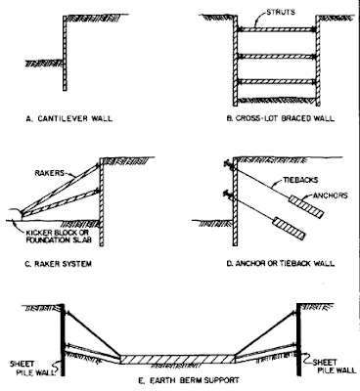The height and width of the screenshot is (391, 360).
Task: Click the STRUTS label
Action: pyautogui.click(x=281, y=13)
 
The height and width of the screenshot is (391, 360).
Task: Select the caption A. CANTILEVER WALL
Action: pyautogui.click(x=68, y=118)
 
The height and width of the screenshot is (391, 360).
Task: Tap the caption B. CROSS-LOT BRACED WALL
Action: pyautogui.click(x=281, y=118)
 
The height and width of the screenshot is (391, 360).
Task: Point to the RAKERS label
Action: pyautogui.click(x=50, y=173)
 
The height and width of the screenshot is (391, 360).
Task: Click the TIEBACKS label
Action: pyautogui.click(x=301, y=180)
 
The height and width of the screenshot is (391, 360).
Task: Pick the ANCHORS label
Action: pyautogui.click(x=330, y=195)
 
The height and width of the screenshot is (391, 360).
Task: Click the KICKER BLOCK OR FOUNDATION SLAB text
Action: pyautogui.click(x=58, y=237)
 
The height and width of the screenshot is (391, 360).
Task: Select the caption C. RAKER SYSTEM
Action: pyautogui.click(x=58, y=263)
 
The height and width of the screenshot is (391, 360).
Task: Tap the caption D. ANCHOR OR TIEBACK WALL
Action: pyautogui.click(x=281, y=263)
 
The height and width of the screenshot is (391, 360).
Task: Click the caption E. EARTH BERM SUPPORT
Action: pyautogui.click(x=189, y=380)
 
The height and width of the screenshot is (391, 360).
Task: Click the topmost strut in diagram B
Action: pyautogui.click(x=277, y=29)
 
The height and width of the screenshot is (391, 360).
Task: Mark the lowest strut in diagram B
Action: pyautogui.click(x=277, y=82)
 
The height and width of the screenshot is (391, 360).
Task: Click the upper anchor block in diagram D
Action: pyautogui.click(x=306, y=207)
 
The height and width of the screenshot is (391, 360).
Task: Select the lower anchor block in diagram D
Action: pyautogui.click(x=290, y=229)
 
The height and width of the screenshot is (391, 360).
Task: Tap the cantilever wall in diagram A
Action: pyautogui.click(x=65, y=53)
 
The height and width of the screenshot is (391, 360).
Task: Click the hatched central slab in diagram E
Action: pyautogui.click(x=178, y=359)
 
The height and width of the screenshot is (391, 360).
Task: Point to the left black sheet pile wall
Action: pyautogui.click(x=62, y=339)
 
